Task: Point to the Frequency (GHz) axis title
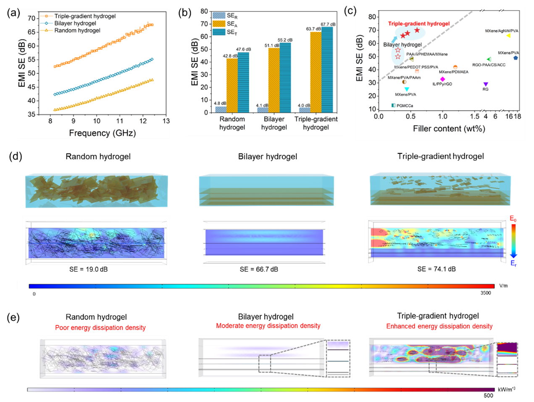[x=102, y=133]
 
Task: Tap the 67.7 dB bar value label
[x=328, y=24]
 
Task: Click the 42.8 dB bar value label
[x=230, y=56]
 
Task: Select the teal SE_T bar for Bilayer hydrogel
[x=285, y=77]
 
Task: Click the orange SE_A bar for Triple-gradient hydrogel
[x=316, y=72]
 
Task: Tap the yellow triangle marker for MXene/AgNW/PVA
[x=508, y=36]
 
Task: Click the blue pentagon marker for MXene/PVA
[x=516, y=58]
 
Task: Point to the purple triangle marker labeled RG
[x=486, y=84]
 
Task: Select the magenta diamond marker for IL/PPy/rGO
[x=442, y=79]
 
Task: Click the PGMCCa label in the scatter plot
[x=405, y=106]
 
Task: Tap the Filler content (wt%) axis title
[x=449, y=129]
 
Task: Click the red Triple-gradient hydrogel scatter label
[x=418, y=24]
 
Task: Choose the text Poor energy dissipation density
[x=100, y=328]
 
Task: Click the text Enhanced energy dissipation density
[x=439, y=326]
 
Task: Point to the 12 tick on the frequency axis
[x=143, y=121]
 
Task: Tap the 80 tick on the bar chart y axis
[x=205, y=11]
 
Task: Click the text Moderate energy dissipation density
[x=268, y=326]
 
